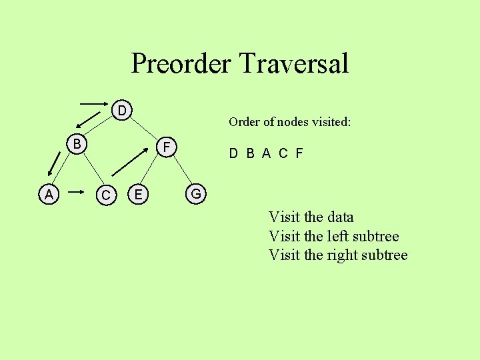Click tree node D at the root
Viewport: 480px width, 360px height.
tap(122, 109)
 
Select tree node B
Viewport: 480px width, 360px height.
tap(77, 144)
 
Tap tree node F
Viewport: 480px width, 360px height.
tap(168, 146)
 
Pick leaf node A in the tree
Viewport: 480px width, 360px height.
tap(48, 194)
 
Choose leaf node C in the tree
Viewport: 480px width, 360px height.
tap(105, 195)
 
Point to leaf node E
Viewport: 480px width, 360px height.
tap(137, 194)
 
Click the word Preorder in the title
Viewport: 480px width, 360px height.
tap(181, 63)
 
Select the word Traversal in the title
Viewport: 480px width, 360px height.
tap(293, 63)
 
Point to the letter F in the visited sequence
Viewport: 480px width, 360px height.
tap(299, 153)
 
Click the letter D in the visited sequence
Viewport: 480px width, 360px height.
tap(233, 153)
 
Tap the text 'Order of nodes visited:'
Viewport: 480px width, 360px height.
tap(289, 121)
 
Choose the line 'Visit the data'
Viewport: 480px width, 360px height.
tap(311, 217)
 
